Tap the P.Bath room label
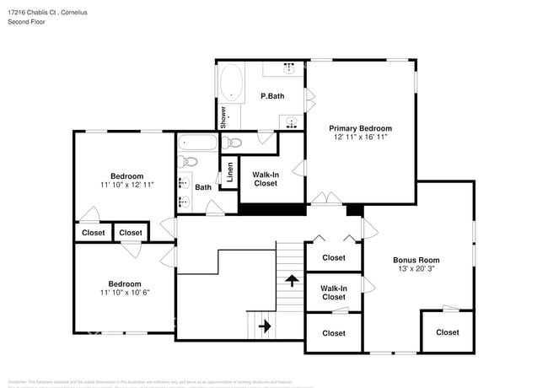(271, 96)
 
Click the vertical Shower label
(223, 117)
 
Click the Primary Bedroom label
(360, 128)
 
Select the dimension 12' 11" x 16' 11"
(360, 137)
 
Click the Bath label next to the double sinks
(203, 187)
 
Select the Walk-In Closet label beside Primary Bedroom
(265, 179)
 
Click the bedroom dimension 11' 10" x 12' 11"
(126, 184)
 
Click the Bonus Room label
(416, 260)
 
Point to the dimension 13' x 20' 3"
(416, 269)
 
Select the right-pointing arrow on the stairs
(263, 325)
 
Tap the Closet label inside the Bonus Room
(448, 332)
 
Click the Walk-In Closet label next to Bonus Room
(334, 293)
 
